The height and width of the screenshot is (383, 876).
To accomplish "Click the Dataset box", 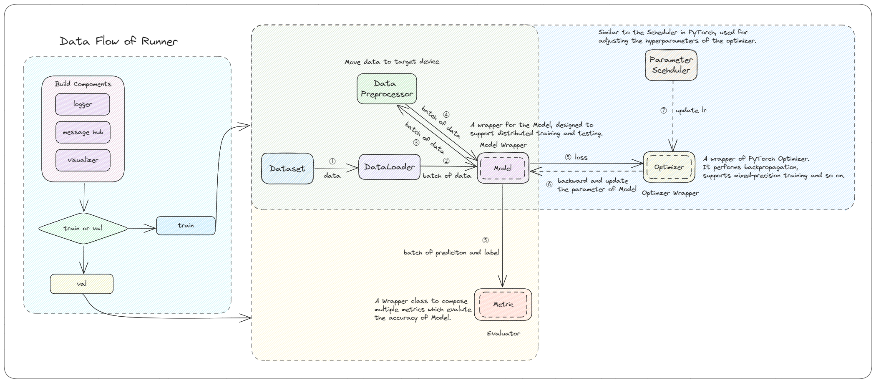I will coord(287,169).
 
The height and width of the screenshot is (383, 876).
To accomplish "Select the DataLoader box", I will coord(389,167).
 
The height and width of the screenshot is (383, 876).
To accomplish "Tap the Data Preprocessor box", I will coord(387,89).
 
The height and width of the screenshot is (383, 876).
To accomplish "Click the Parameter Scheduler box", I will coord(671,65).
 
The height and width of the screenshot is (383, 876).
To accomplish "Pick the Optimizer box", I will coord(669,167).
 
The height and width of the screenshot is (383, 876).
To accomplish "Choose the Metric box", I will coord(503,305).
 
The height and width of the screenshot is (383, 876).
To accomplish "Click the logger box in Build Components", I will coord(83,104).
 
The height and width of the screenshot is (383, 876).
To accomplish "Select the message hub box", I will coord(83,132).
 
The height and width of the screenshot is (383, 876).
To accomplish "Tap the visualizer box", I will coord(83,160).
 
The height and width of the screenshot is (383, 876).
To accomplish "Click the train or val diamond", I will coord(83,228).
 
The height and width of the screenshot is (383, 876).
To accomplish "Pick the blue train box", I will coord(186,226).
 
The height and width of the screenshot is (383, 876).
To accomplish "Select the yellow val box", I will coord(82,284).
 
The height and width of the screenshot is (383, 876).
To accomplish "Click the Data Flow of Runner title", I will coord(118,41).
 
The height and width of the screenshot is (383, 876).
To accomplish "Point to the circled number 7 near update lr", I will coord(663,111).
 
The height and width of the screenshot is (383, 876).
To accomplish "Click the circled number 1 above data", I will coord(332,161).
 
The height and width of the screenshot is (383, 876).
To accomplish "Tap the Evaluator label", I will coord(503,333).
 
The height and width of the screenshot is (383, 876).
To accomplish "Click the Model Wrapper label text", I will coord(503,145).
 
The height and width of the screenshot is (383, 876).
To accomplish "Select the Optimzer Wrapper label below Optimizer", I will coord(670,193).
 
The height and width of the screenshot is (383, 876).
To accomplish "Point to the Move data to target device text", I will coord(392,62).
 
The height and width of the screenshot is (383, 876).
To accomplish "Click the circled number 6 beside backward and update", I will coord(549,184).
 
